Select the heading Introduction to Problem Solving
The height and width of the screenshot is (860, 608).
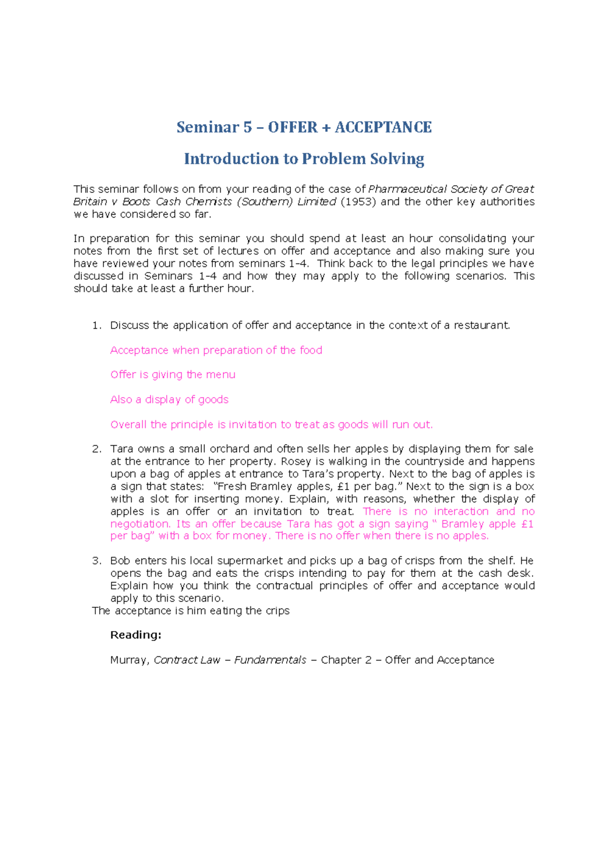click(x=304, y=159)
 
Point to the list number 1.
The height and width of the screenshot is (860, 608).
click(x=97, y=326)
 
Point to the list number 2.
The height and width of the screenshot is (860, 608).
click(x=97, y=449)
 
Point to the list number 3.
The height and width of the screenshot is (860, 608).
click(x=97, y=561)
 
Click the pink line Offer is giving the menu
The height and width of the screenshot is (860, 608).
click(x=173, y=375)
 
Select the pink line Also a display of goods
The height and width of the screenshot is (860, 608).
click(x=169, y=400)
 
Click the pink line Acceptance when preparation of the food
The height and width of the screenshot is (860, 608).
click(x=216, y=350)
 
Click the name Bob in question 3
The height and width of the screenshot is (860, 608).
click(x=120, y=561)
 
